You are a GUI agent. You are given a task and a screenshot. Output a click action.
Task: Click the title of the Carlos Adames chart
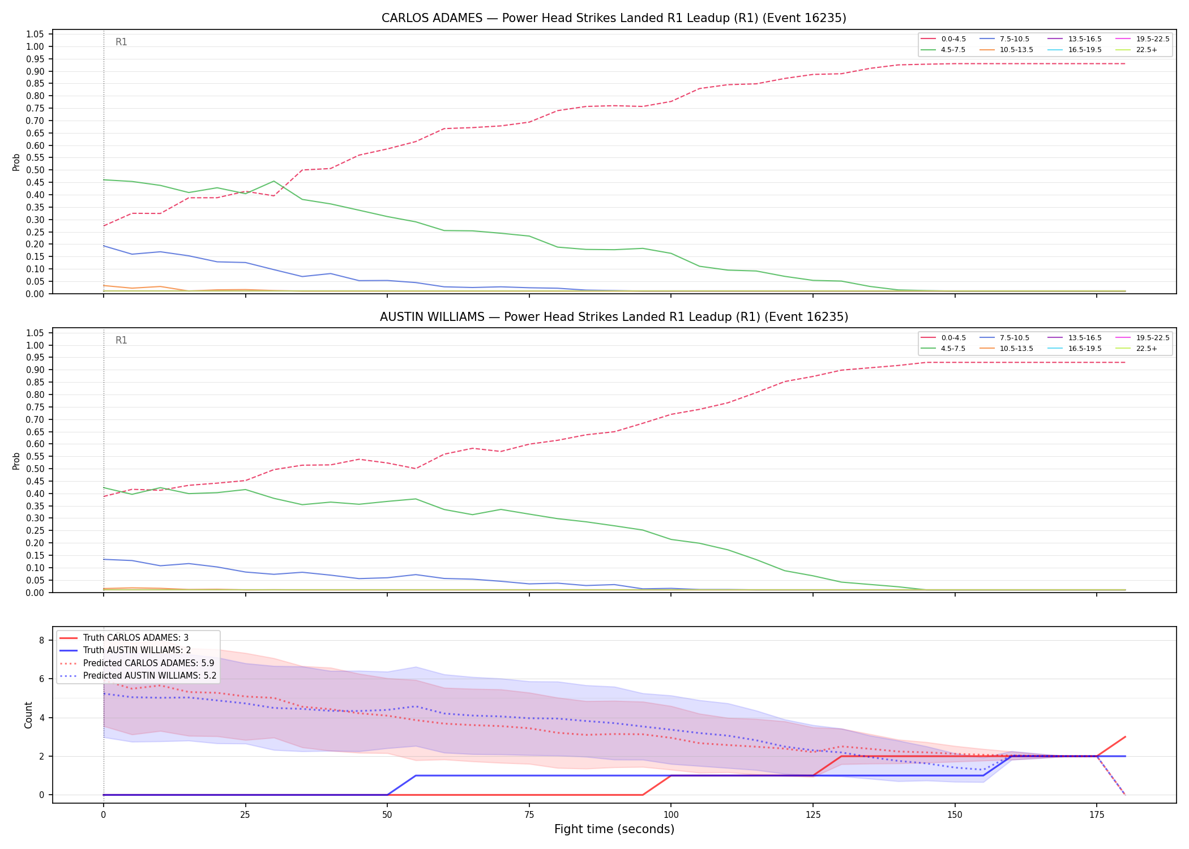pyautogui.click(x=614, y=18)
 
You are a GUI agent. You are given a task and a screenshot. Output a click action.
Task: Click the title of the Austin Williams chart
pyautogui.click(x=614, y=317)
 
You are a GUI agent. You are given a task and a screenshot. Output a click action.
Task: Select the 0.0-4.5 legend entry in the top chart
pyautogui.click(x=943, y=39)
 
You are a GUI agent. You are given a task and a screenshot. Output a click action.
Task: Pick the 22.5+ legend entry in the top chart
pyautogui.click(x=1136, y=50)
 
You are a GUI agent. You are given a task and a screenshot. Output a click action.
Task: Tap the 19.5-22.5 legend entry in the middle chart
pyautogui.click(x=1142, y=338)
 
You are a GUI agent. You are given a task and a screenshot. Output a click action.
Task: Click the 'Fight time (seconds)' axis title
pyautogui.click(x=614, y=829)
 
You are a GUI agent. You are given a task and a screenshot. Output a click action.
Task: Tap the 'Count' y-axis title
pyautogui.click(x=28, y=715)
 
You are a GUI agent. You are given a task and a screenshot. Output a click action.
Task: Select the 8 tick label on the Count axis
pyautogui.click(x=41, y=640)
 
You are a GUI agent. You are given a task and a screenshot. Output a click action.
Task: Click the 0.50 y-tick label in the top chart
pyautogui.click(x=35, y=170)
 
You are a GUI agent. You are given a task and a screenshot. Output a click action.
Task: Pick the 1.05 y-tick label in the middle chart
pyautogui.click(x=35, y=333)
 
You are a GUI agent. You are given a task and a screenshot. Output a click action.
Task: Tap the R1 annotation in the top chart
pyautogui.click(x=121, y=42)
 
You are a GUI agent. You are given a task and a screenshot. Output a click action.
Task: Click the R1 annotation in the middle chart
pyautogui.click(x=121, y=340)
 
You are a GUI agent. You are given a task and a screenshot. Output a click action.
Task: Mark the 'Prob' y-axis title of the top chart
pyautogui.click(x=16, y=162)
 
